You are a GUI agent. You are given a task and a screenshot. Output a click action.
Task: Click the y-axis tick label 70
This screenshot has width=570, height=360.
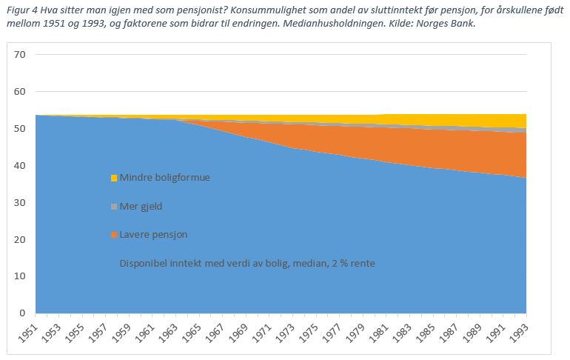[x=20, y=55]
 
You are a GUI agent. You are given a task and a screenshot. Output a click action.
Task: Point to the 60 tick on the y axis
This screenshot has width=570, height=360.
[x=20, y=92]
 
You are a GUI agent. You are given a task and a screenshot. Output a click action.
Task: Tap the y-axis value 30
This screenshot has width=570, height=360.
[x=20, y=202]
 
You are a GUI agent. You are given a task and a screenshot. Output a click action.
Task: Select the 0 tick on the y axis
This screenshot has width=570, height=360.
[x=23, y=313]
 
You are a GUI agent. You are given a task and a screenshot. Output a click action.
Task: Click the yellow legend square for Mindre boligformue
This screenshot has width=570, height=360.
[x=114, y=178]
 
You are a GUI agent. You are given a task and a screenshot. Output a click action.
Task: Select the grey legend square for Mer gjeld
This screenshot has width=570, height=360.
[x=114, y=206]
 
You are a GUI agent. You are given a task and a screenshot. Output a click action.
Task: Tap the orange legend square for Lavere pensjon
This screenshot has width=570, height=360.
[x=114, y=235]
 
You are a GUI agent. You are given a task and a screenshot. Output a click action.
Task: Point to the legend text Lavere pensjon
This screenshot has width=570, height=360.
[x=153, y=235]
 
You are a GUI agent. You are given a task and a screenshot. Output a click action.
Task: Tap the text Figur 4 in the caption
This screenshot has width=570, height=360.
[x=19, y=10]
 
